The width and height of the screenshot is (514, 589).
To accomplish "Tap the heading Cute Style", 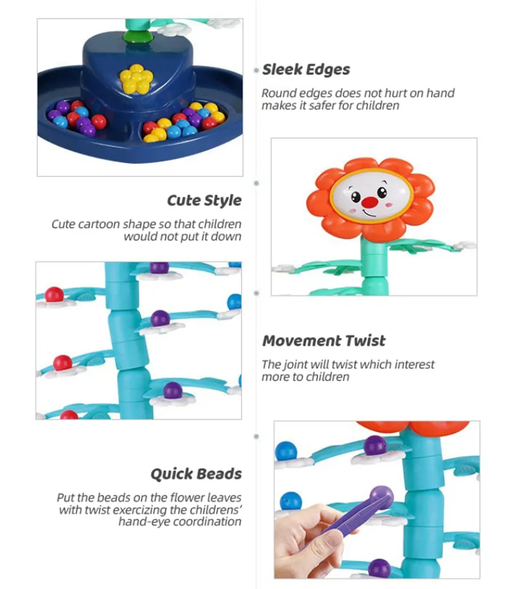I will (x=204, y=200).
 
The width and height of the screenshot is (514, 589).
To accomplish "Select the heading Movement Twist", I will (x=324, y=341).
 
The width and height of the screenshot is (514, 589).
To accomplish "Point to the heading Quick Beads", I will (x=196, y=474).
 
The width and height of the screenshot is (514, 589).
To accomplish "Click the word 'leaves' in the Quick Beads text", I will (x=224, y=498).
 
